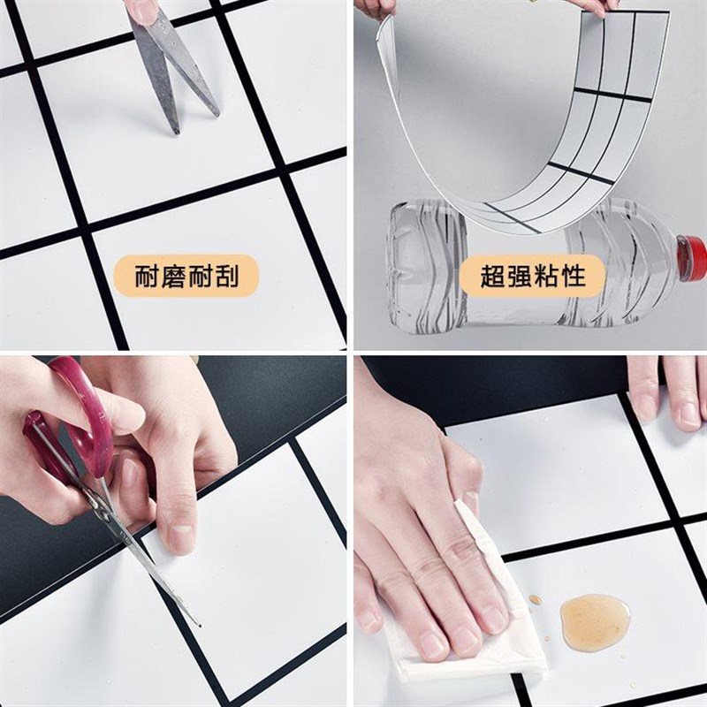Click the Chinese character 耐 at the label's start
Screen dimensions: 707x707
(x=148, y=277)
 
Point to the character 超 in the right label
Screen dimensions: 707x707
(x=493, y=276)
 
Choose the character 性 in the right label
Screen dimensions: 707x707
(x=572, y=276)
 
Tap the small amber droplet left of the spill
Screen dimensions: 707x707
(x=536, y=599)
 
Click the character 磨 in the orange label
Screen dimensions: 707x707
(x=174, y=277)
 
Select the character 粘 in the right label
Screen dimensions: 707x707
(x=546, y=276)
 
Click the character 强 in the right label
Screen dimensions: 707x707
(x=520, y=276)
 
